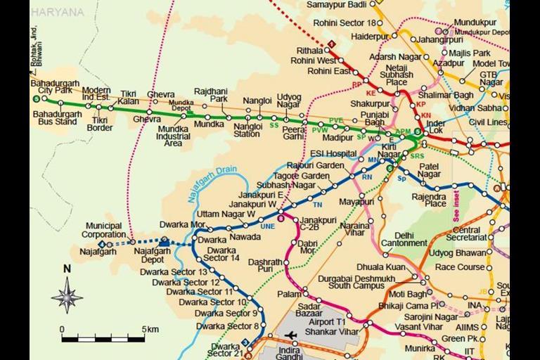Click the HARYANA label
(x=58, y=13)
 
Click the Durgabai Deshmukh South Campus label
(x=360, y=281)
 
